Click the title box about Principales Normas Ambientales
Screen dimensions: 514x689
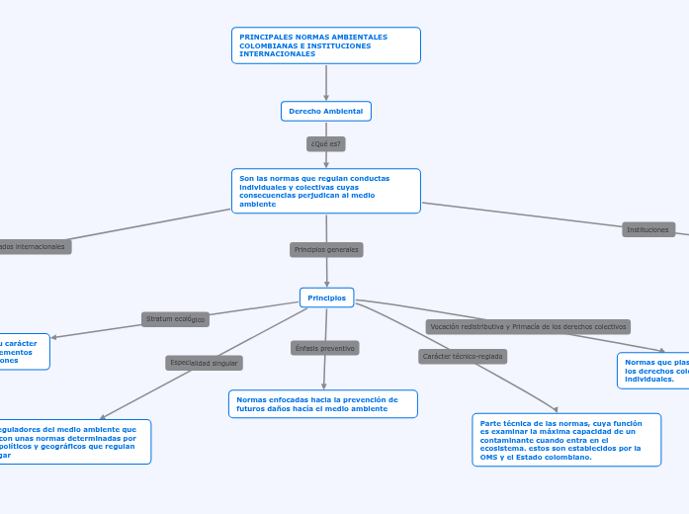click(325, 45)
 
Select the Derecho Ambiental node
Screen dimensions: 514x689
click(325, 112)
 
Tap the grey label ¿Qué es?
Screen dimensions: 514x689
click(325, 144)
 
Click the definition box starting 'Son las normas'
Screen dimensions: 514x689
click(325, 191)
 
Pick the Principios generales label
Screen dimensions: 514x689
click(326, 250)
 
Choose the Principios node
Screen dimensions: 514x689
click(326, 298)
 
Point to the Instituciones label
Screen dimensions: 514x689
click(647, 229)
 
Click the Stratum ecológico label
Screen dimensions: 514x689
click(175, 319)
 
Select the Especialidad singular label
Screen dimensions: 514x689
click(204, 363)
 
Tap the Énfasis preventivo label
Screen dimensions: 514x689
click(324, 348)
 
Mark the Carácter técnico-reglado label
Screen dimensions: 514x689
click(463, 356)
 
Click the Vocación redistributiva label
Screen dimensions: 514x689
click(528, 326)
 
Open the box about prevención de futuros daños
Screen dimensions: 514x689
click(322, 404)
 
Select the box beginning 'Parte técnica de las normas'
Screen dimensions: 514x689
click(565, 440)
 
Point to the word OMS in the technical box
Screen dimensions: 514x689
click(490, 458)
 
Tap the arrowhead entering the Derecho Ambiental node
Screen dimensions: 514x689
click(326, 98)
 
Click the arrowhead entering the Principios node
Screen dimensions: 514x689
click(327, 284)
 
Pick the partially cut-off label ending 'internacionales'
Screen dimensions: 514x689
click(34, 246)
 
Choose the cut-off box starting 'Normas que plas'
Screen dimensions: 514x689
click(653, 371)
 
